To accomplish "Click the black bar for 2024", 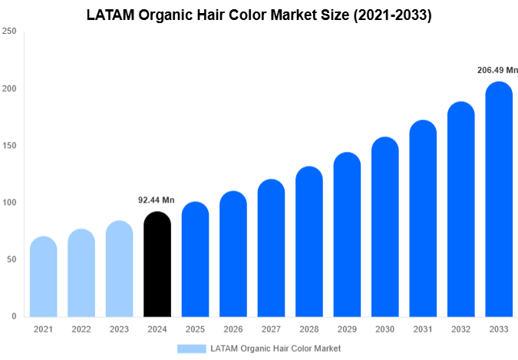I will click(157, 264).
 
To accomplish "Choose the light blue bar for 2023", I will click(119, 269).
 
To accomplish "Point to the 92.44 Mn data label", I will click(157, 200).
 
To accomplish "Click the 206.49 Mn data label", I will click(497, 70).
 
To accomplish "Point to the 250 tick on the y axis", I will click(8, 31).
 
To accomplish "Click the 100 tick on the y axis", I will click(8, 203).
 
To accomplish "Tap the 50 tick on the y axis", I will click(11, 259).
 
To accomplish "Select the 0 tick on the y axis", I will click(14, 316).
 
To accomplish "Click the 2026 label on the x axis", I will click(233, 329).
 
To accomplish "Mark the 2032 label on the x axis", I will click(460, 329).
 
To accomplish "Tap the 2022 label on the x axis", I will click(81, 329).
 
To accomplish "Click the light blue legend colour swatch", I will click(191, 348).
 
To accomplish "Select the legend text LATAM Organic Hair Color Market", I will click(275, 348).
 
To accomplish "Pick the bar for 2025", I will click(195, 259).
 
